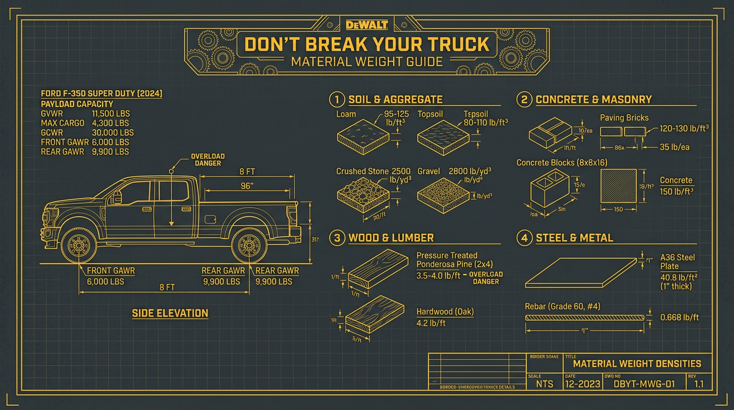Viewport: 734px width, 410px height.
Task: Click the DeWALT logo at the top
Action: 366,24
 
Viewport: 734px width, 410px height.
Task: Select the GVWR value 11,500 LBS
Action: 111,114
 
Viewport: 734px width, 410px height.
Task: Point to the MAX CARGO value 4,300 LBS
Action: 111,123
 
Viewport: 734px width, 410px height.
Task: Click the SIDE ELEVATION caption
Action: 170,313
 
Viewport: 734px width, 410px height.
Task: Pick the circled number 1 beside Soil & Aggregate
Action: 337,99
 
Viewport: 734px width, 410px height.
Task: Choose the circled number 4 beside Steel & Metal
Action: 524,238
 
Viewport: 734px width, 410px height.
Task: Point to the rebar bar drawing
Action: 586,318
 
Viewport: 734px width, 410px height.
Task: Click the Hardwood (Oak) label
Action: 445,312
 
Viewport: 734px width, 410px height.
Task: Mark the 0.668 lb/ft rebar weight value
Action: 679,318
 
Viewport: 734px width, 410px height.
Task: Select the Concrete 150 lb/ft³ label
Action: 676,186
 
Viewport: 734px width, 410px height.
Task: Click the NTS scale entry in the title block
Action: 544,384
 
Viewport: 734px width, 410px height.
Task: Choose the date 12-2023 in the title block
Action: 583,384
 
